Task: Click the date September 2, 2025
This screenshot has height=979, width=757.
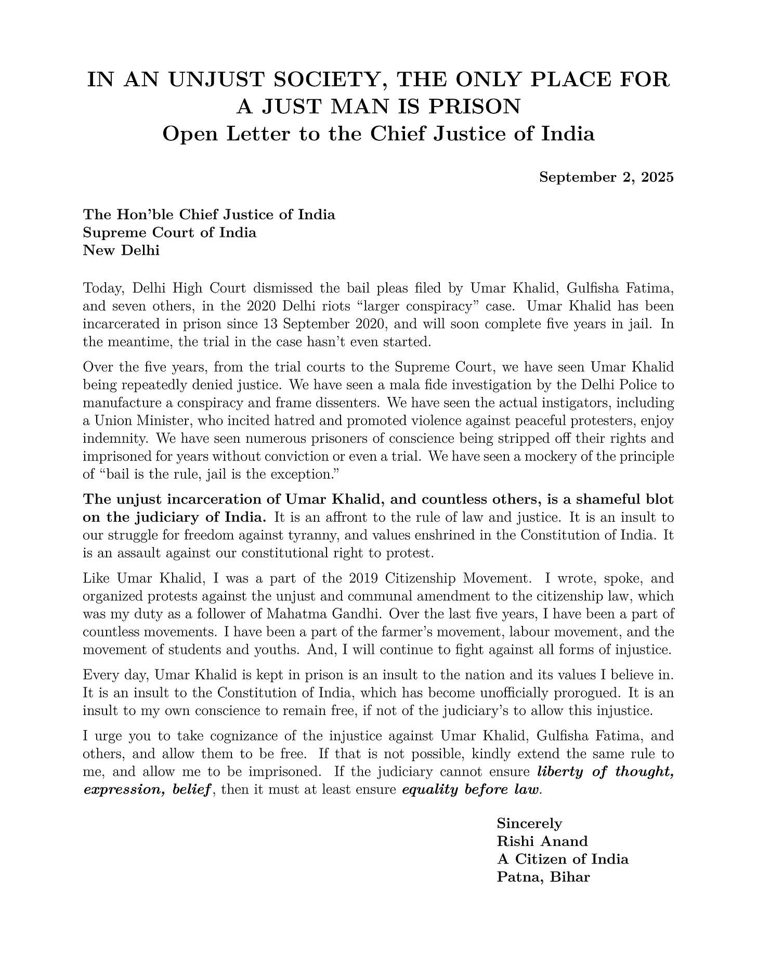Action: click(606, 177)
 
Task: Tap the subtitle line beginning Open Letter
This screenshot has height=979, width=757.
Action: click(379, 134)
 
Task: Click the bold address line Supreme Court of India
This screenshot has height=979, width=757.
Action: click(169, 232)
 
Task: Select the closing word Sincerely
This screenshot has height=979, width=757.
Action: click(529, 824)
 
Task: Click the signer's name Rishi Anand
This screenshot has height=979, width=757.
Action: click(542, 841)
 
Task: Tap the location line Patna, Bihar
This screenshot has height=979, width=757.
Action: click(543, 878)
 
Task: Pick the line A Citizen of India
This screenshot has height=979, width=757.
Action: click(563, 859)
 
